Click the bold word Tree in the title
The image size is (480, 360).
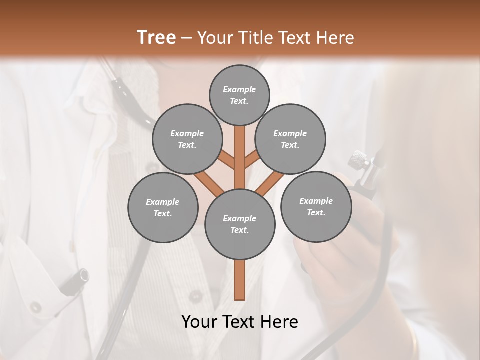coord(156,37)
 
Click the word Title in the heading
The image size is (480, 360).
coord(254,38)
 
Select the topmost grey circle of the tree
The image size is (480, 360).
coord(239,95)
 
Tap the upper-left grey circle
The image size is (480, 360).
coord(187,139)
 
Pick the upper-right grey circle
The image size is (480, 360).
coord(290,139)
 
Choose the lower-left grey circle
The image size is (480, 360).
coord(163,207)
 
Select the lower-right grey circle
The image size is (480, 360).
coord(316,206)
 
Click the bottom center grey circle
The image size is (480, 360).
coord(240,224)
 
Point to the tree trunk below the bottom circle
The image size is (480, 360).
coord(240,280)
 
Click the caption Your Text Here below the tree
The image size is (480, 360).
coord(240,322)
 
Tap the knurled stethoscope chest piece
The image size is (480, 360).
coord(359,160)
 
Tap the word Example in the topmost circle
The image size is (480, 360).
coord(239,89)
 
